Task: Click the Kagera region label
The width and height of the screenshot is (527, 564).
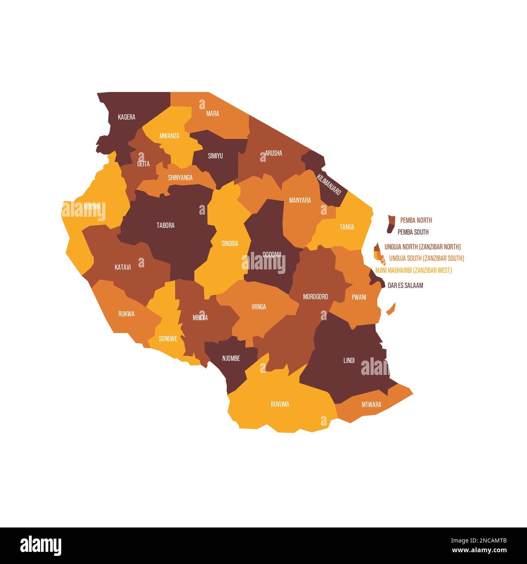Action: pos(126,117)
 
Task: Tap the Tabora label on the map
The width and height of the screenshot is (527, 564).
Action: pos(165,225)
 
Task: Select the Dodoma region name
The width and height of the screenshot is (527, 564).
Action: pos(272,254)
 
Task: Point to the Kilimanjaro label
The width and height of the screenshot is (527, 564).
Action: pos(329,184)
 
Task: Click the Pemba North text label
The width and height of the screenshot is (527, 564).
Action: pos(416,220)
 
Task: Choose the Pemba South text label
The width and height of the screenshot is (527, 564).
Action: pos(413,232)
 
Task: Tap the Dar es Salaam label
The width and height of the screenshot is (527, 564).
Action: pos(405,285)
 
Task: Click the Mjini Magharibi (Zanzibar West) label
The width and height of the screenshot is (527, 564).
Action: pos(413,270)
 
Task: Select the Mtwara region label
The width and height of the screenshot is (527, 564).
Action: pos(371,405)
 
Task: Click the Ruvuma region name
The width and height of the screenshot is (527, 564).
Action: pos(280,404)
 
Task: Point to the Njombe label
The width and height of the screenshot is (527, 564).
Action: pos(231,358)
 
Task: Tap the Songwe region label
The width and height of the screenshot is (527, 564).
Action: pos(168,338)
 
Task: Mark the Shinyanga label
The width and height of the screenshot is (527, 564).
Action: pos(180,178)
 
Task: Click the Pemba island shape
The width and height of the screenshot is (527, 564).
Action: pos(391,224)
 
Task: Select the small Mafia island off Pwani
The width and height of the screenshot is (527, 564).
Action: pos(390,309)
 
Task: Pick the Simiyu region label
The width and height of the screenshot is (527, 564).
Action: pos(215,156)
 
